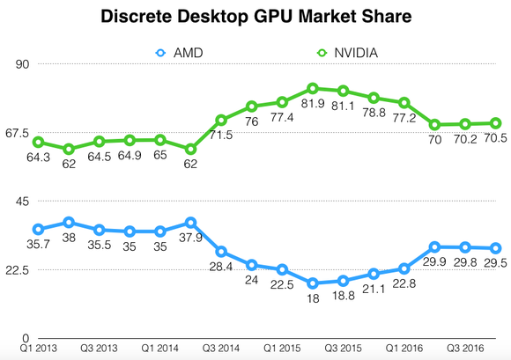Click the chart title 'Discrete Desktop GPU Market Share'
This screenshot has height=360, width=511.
[x=255, y=16]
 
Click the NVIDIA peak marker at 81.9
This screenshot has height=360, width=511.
[x=313, y=89]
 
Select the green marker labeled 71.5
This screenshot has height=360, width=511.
[x=221, y=120]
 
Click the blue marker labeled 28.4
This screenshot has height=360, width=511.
[x=221, y=252]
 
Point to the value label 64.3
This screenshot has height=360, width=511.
[x=38, y=158]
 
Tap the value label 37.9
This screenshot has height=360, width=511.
[x=190, y=239]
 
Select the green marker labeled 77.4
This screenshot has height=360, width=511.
[x=282, y=102]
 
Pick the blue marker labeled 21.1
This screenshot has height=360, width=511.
[x=374, y=274]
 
